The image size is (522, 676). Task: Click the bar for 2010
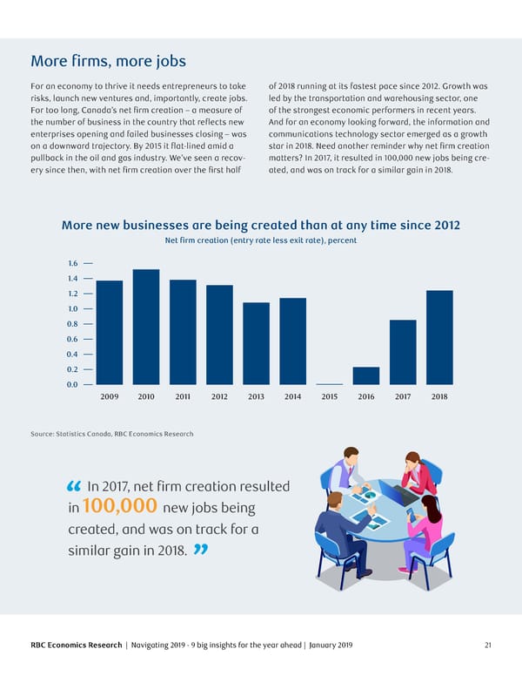point(146,327)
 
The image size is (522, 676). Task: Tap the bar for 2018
point(440,337)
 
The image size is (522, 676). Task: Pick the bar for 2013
point(256,343)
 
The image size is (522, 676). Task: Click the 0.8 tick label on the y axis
point(72,324)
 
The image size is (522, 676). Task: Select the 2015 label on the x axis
point(330,397)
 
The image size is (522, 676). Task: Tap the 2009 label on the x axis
point(110,397)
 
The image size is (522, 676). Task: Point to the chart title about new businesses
point(261,225)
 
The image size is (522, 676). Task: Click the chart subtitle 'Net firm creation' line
point(261,240)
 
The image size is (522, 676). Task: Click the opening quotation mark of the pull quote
point(73,486)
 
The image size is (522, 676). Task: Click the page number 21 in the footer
point(489,645)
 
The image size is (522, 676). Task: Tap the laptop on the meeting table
point(398,494)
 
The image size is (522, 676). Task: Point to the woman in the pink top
point(427,523)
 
